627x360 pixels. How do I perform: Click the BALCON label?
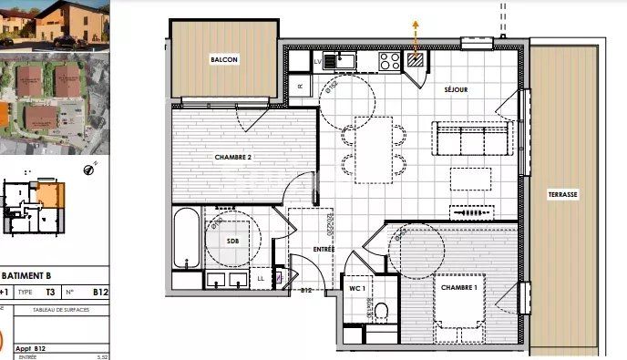pos(224,60)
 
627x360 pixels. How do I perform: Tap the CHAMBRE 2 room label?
pos(232,157)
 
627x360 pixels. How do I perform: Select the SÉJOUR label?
pos(456,90)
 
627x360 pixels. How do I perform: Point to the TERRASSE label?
pos(563,195)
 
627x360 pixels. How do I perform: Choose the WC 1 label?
pos(357,288)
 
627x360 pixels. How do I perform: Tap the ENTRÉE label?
pos(324,249)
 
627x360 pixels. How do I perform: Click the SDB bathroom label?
pos(232,241)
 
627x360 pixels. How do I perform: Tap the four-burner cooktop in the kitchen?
pos(389,61)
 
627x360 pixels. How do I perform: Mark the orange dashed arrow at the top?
pos(416,36)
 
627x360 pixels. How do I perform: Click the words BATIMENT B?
pos(27,275)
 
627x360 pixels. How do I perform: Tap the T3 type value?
pos(50,293)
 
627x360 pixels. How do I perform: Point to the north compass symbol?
pos(89,168)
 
